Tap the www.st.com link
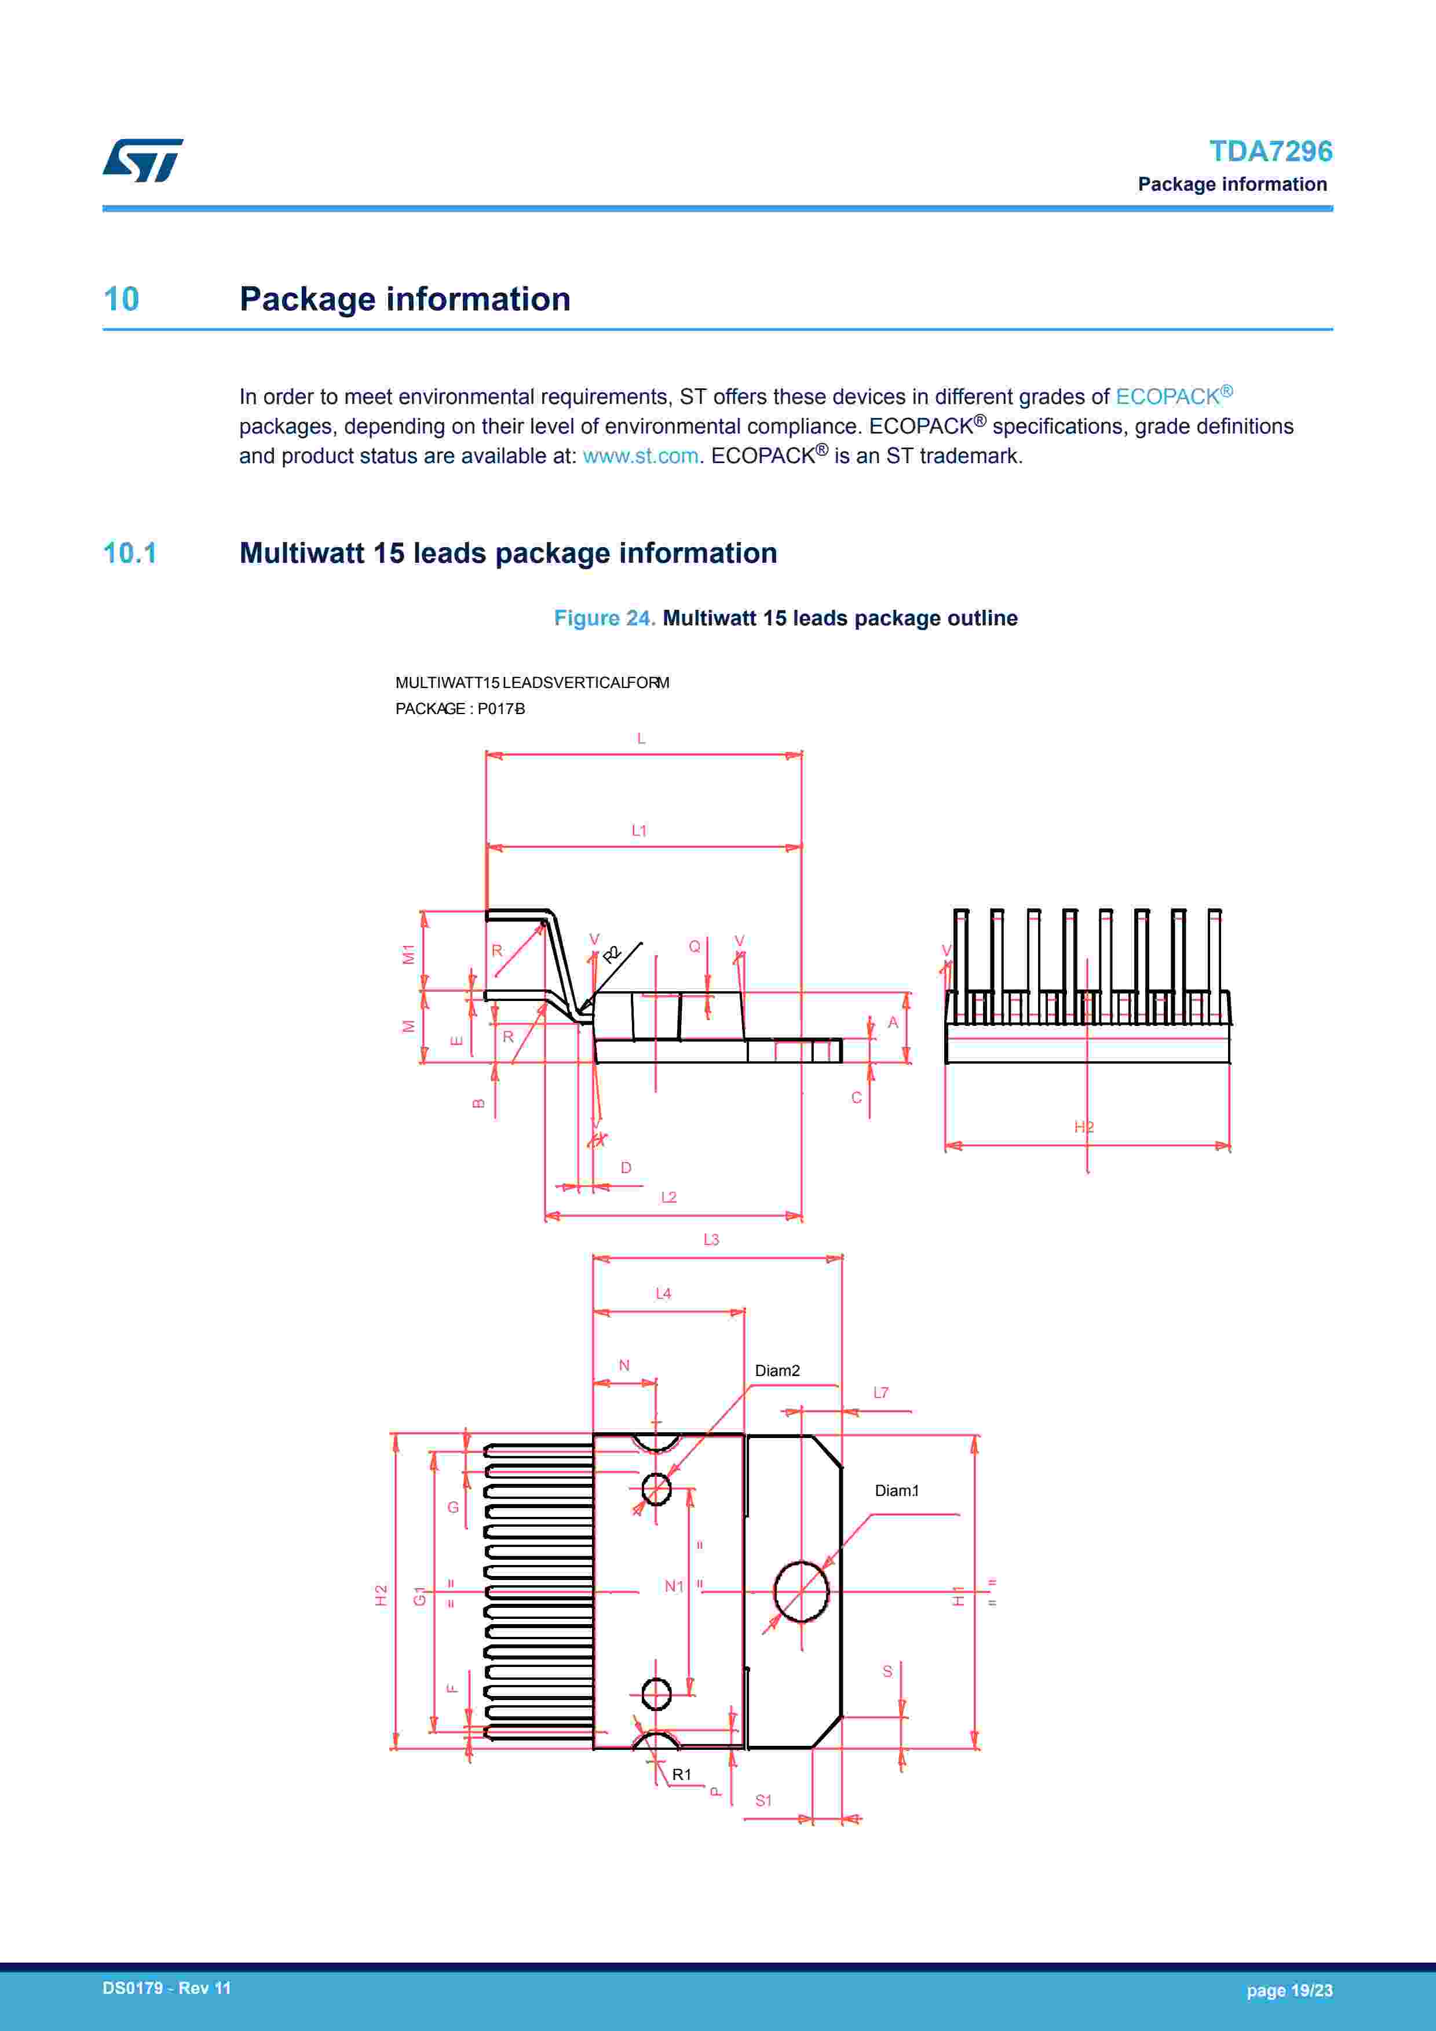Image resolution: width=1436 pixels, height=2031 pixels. click(x=640, y=456)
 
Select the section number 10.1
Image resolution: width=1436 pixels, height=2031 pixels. click(x=130, y=553)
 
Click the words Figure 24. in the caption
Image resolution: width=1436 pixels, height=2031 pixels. click(x=604, y=618)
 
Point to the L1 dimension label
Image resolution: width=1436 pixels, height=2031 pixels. click(x=638, y=831)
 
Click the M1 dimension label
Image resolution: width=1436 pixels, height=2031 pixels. click(x=408, y=955)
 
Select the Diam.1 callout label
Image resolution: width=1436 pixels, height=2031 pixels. click(x=896, y=1491)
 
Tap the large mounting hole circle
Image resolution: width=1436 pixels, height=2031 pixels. click(x=801, y=1592)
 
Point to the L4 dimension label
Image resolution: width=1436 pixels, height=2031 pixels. click(x=663, y=1293)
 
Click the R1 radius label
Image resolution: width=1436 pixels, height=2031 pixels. click(x=681, y=1774)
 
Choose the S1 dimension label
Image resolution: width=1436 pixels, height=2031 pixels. click(x=763, y=1800)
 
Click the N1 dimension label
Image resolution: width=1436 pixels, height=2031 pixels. click(x=674, y=1586)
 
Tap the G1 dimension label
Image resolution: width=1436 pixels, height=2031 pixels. click(x=420, y=1596)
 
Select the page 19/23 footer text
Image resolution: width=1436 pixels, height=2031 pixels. click(x=1288, y=1990)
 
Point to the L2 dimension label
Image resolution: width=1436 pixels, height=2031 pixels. click(x=668, y=1197)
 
